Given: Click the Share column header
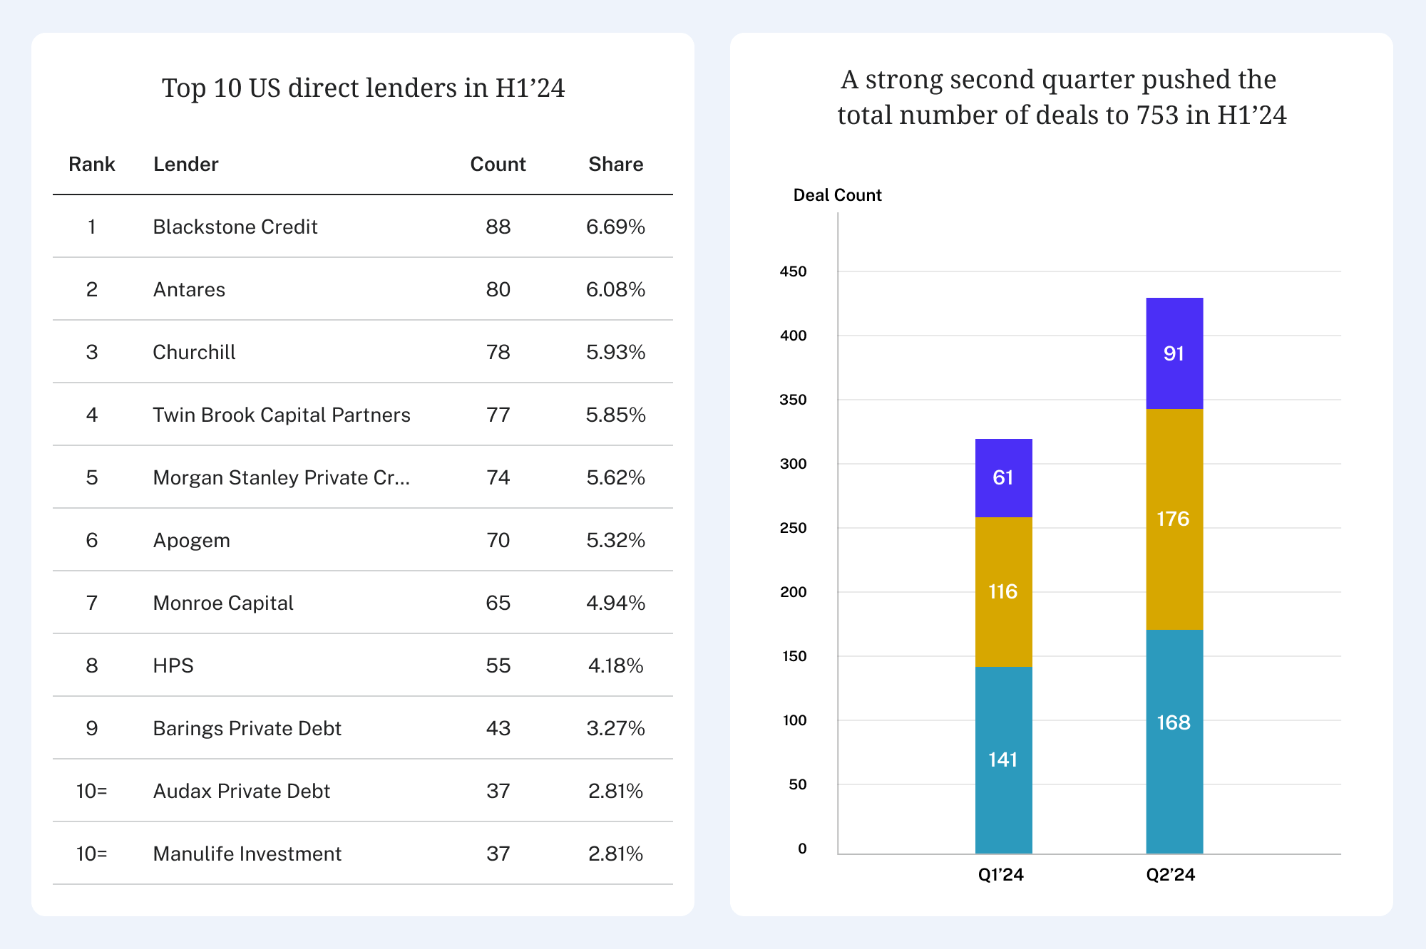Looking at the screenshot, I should tap(615, 165).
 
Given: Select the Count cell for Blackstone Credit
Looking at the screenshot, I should tap(498, 227).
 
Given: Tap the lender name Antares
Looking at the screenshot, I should tap(189, 290).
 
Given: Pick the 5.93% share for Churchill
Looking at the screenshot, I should tap(615, 353).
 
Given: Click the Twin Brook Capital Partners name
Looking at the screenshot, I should tap(282, 415).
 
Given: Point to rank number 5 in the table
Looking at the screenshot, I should tap(92, 478).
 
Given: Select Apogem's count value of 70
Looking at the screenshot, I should tap(498, 541).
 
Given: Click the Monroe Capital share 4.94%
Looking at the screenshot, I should tap(615, 603).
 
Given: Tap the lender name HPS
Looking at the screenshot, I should tap(173, 666).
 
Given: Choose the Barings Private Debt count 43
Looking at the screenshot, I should tap(498, 729).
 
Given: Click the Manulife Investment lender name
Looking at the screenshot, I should tap(247, 854).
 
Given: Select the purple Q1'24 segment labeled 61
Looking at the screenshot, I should tap(1003, 477).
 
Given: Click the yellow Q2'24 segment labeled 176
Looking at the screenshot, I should tap(1174, 519).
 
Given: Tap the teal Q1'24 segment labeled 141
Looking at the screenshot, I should tap(1003, 759).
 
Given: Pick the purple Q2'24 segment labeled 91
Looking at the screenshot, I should tap(1174, 353).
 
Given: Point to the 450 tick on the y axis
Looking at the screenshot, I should tap(793, 271).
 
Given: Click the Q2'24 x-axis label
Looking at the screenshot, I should tap(1170, 875).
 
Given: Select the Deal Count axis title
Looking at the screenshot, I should tap(837, 195).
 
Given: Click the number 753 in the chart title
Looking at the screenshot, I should tap(1157, 115).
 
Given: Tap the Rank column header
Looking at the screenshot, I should tap(92, 165).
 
